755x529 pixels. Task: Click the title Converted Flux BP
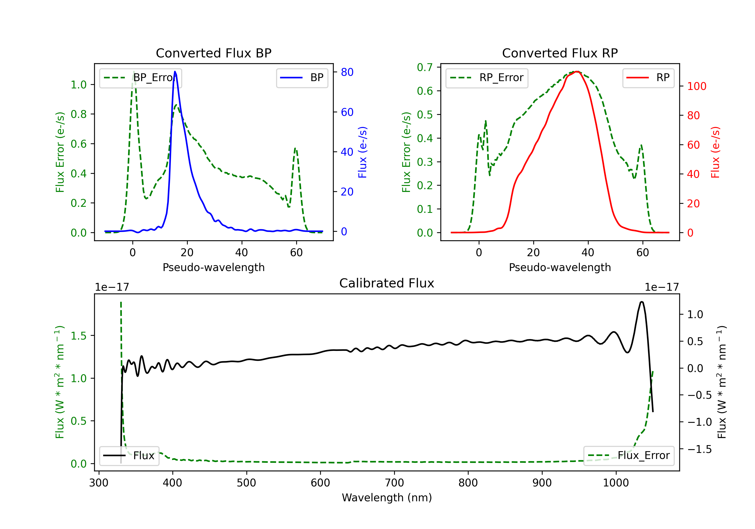pyautogui.click(x=213, y=53)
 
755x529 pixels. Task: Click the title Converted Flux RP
pyautogui.click(x=560, y=53)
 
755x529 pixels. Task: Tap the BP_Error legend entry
pyautogui.click(x=140, y=78)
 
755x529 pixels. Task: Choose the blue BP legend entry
pyautogui.click(x=302, y=78)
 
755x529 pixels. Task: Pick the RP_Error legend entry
pyautogui.click(x=487, y=78)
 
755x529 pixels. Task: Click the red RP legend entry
pyautogui.click(x=648, y=78)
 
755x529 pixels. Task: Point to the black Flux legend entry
pyautogui.click(x=129, y=456)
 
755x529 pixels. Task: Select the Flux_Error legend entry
pyautogui.click(x=628, y=456)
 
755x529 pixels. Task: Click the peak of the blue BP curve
pyautogui.click(x=175, y=72)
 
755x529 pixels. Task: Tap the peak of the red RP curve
pyautogui.click(x=577, y=72)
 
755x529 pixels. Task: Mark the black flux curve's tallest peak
pyautogui.click(x=641, y=302)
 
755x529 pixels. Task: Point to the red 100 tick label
pyautogui.click(x=696, y=86)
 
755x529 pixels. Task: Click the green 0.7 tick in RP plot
pyautogui.click(x=425, y=67)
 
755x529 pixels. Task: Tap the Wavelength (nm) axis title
pyautogui.click(x=387, y=498)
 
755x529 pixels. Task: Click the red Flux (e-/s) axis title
pyautogui.click(x=715, y=152)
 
